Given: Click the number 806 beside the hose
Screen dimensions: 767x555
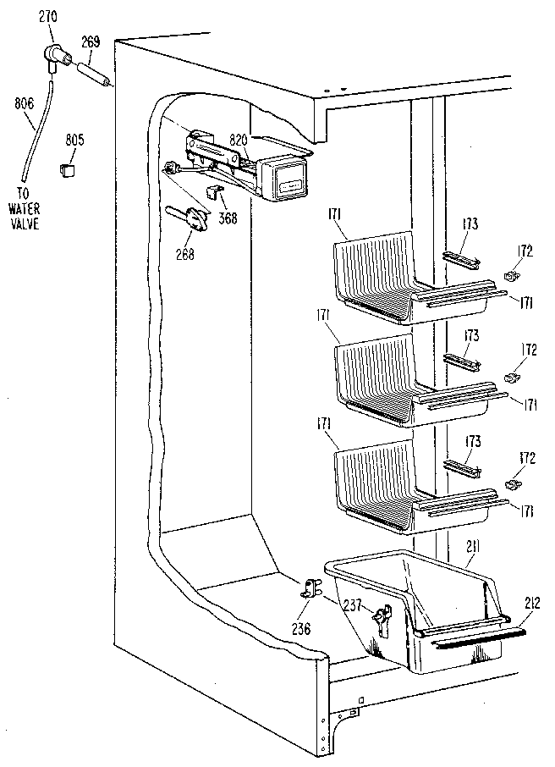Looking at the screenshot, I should (x=24, y=103).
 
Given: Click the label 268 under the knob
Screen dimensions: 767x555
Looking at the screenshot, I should (x=185, y=252).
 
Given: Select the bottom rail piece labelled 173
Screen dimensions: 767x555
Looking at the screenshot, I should (x=461, y=468).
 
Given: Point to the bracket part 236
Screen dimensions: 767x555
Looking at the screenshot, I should (x=310, y=590).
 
